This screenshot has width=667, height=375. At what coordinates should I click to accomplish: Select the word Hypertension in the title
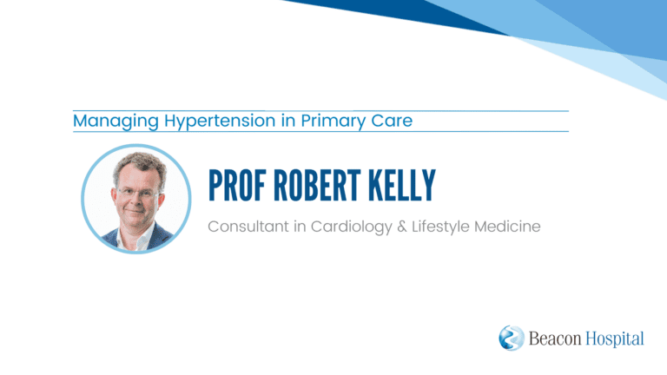[220, 122]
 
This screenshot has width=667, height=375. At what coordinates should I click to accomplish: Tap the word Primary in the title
[333, 122]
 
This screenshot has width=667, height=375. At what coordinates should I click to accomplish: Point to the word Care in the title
[392, 121]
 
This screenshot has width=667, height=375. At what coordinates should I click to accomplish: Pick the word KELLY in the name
[401, 186]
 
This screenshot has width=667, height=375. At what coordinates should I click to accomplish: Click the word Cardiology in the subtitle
[352, 227]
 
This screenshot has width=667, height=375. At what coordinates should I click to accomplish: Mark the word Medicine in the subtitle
[507, 227]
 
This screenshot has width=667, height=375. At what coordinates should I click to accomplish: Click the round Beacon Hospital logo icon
[512, 338]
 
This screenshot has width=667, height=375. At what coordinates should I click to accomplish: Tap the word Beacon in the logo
[555, 339]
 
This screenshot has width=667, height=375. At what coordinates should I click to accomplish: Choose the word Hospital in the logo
[615, 339]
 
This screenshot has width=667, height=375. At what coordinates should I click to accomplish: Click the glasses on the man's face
[137, 193]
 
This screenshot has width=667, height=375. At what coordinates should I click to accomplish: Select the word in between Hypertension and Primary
[288, 121]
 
